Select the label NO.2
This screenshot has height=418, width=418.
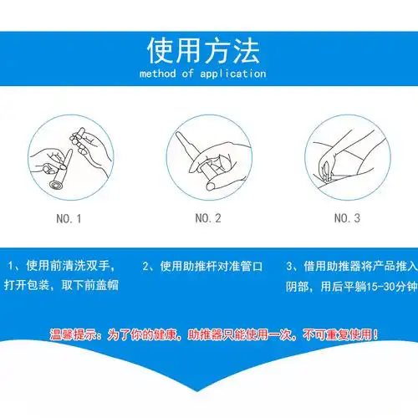[x=207, y=219]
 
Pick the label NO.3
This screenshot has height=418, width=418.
[x=346, y=219]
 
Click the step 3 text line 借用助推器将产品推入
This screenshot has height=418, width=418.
[x=351, y=266]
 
